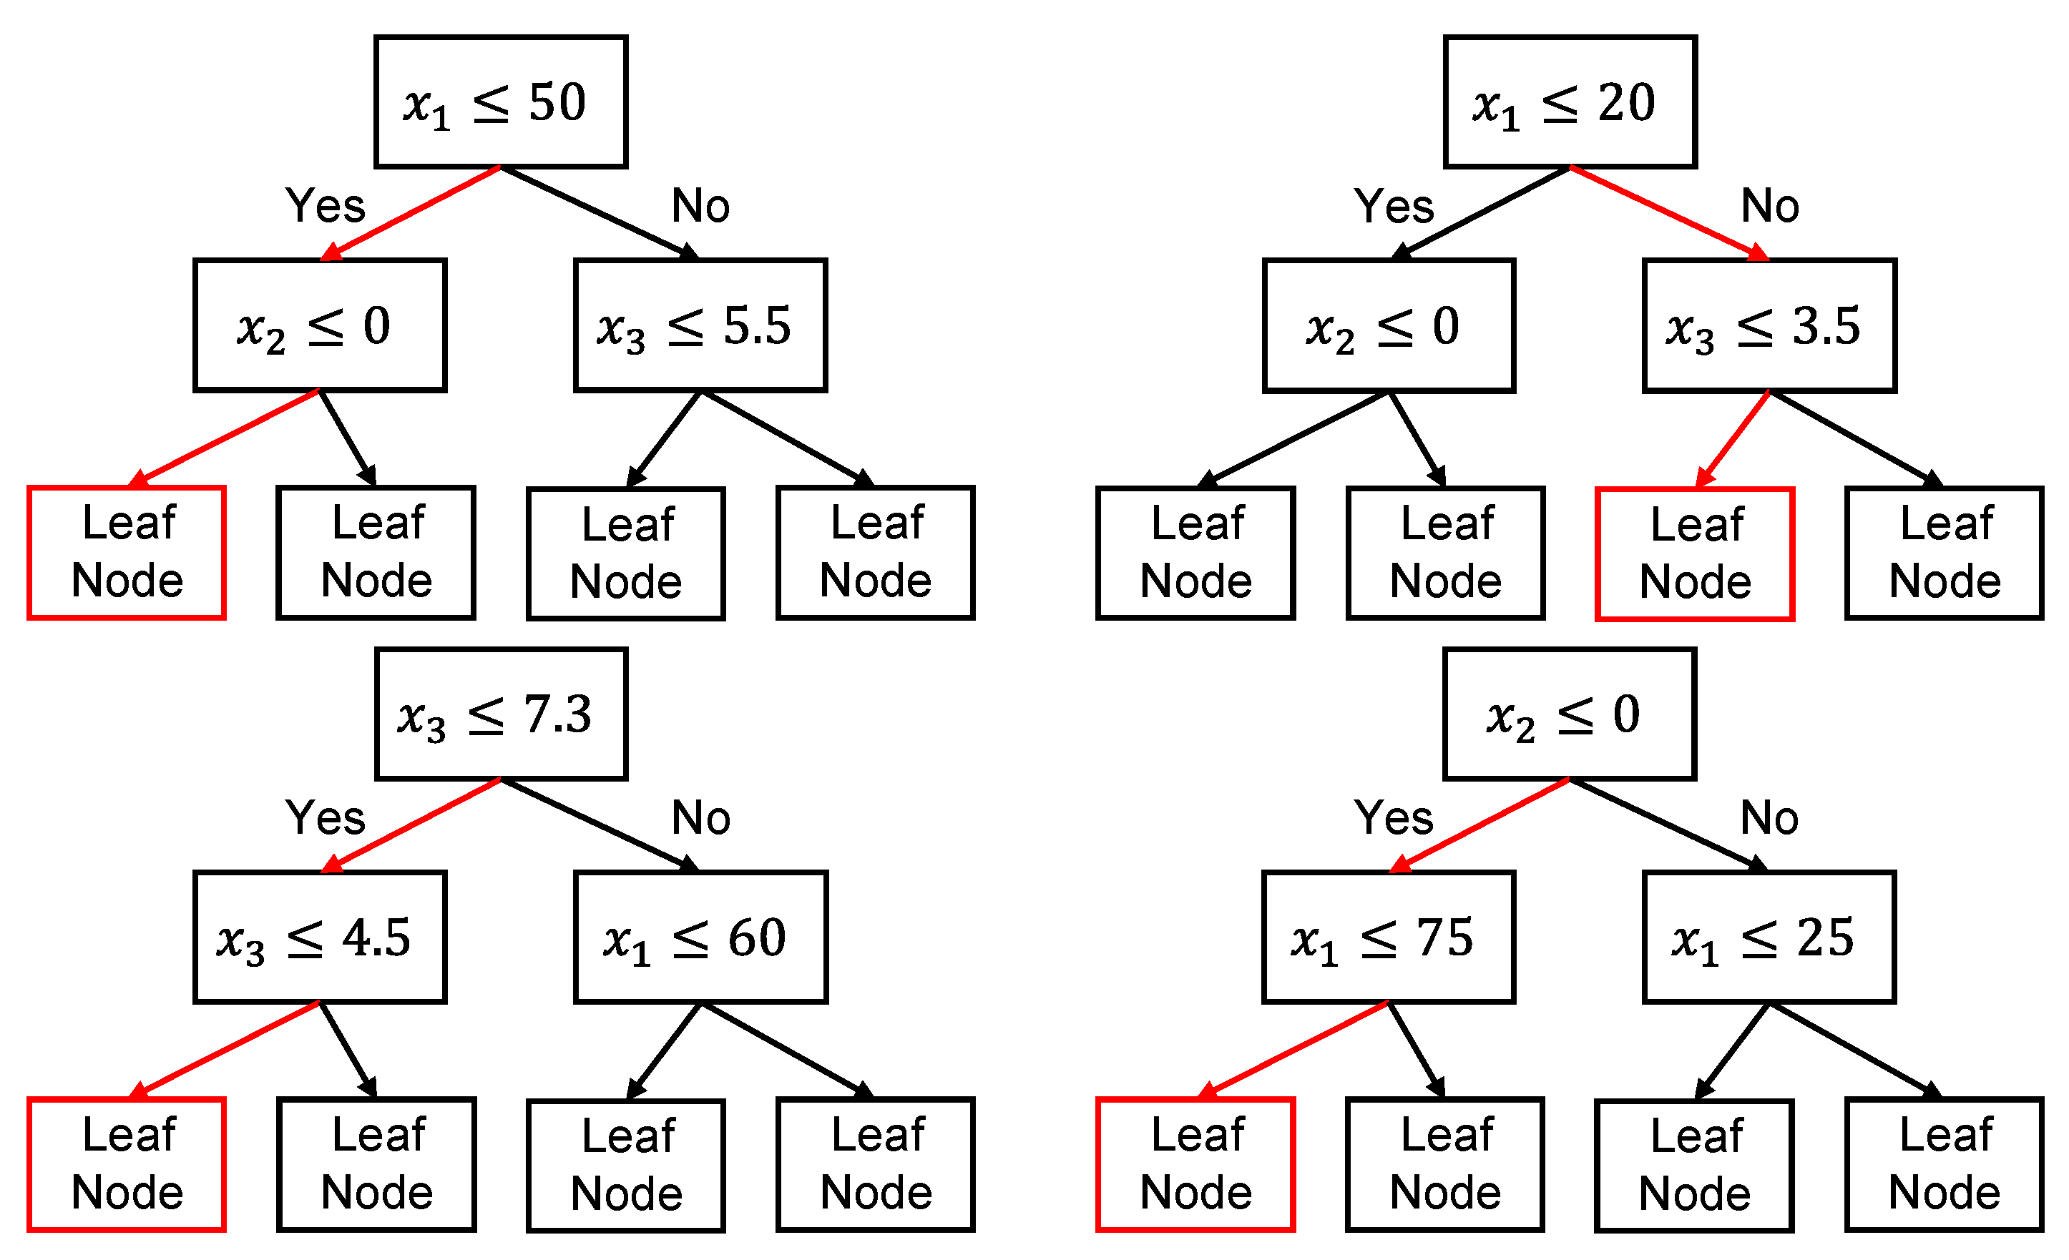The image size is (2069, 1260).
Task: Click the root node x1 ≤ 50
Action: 501,102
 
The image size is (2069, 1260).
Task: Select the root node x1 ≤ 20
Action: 1570,102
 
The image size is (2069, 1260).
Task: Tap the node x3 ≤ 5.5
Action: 700,325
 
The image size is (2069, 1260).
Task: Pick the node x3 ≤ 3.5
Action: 1769,325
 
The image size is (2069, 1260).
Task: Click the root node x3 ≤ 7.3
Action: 501,714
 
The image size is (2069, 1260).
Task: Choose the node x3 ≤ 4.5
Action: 319,937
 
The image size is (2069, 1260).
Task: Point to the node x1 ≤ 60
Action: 700,937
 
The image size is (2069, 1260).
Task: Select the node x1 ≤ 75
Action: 1388,937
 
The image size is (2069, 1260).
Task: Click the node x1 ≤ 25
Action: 1769,937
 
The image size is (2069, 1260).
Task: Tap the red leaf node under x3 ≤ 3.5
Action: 1695,553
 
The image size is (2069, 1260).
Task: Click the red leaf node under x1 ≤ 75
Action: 1195,1163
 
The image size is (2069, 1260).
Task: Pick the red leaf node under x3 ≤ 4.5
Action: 126,1163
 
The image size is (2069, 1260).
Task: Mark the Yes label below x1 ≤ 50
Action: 325,206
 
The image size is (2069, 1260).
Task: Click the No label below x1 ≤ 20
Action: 1769,206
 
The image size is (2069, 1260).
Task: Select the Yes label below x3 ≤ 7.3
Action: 325,817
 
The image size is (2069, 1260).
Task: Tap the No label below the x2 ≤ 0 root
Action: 1769,817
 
